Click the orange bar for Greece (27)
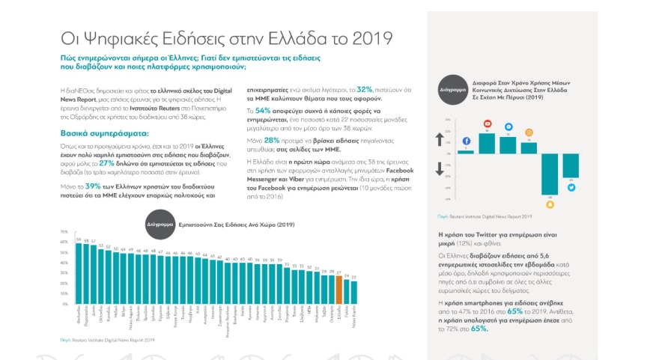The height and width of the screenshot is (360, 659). [x=338, y=290]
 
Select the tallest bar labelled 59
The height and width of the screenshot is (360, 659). [x=77, y=273]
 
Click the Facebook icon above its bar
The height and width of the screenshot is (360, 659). [x=466, y=141]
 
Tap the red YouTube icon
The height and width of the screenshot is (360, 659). [x=487, y=123]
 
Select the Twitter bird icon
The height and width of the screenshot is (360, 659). [x=571, y=188]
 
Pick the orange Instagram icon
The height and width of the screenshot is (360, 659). [x=529, y=132]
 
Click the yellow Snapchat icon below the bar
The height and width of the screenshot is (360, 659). [x=550, y=204]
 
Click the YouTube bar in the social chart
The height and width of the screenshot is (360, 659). [x=487, y=144]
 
